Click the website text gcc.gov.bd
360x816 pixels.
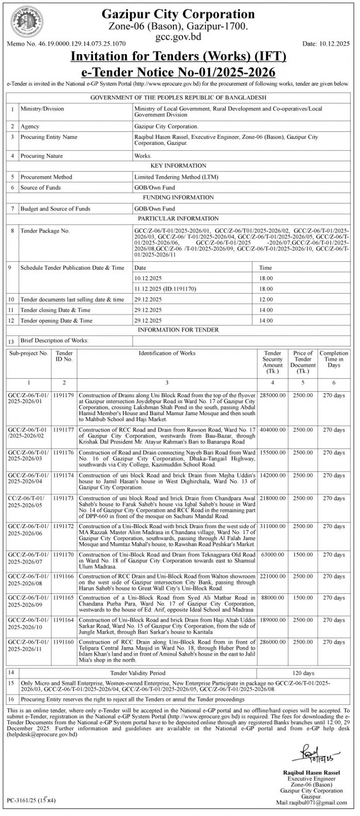click(x=178, y=37)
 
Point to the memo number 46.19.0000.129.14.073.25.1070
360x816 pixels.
click(x=66, y=44)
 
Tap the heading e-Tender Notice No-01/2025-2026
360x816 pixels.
click(x=178, y=72)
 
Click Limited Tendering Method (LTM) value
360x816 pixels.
click(x=176, y=177)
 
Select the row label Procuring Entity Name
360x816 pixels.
click(x=49, y=137)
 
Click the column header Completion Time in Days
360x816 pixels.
click(x=334, y=359)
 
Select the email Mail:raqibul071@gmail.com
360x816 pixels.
click(x=311, y=802)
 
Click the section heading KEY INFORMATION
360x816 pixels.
click(x=178, y=166)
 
